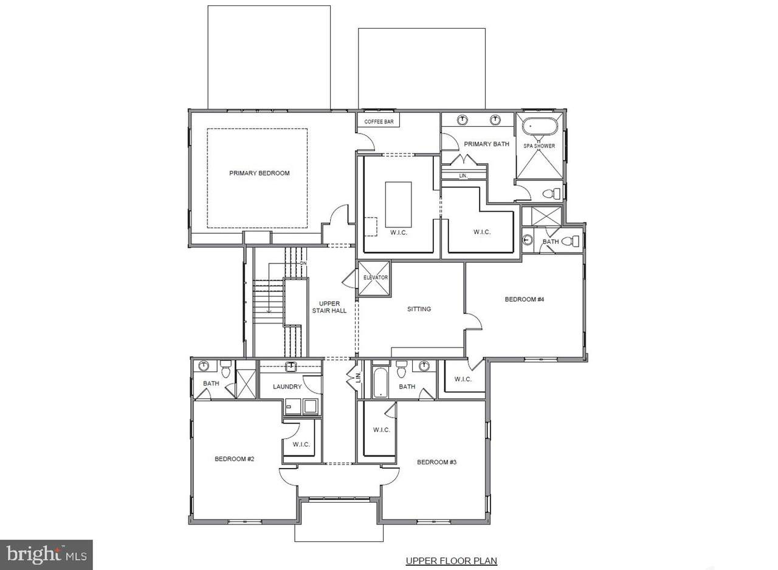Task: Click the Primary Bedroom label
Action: pos(259,173)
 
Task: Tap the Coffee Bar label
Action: pos(379,122)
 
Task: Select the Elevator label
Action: pos(376,277)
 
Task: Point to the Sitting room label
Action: pos(419,309)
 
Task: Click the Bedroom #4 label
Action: pos(525,299)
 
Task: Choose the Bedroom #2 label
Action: pos(235,459)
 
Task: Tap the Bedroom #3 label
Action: pos(436,462)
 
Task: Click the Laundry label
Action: pos(287,387)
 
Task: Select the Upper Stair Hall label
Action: pos(329,307)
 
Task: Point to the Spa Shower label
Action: pos(539,146)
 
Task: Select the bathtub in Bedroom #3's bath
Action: pos(380,382)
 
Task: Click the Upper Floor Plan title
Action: pos(452,561)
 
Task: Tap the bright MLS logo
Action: pos(46,555)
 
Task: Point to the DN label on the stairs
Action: pos(303,263)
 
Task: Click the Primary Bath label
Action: pos(486,144)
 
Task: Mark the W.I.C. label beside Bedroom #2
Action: pos(301,444)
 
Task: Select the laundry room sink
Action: pos(291,367)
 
